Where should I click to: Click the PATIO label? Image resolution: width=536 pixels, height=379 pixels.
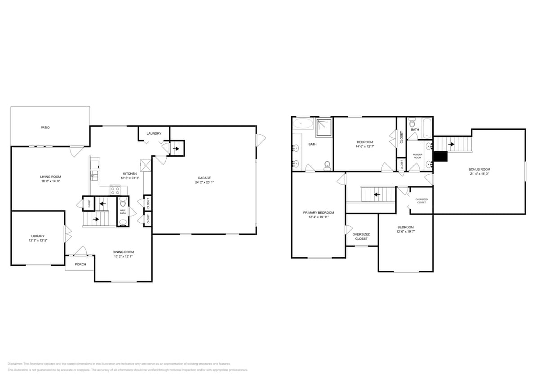pos(45,128)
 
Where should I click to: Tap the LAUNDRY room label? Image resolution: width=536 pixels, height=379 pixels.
pos(154,133)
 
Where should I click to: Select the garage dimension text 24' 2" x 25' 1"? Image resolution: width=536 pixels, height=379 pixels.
pos(204,183)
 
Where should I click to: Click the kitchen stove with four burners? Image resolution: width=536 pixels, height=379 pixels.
pos(115,190)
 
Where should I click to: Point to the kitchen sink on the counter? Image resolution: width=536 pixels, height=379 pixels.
pos(95,175)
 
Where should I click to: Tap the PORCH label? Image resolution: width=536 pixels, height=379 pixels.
pos(80,264)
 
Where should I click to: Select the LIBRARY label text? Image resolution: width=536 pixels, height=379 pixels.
pos(38,236)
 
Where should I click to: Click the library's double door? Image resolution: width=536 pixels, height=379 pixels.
pos(67,232)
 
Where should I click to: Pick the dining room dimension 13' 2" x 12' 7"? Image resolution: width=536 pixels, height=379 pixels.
pos(123,256)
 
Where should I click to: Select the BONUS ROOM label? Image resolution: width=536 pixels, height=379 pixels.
pos(479,169)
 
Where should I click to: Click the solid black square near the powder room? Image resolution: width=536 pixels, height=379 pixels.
pos(442,156)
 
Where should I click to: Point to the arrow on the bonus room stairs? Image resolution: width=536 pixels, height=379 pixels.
pos(451,144)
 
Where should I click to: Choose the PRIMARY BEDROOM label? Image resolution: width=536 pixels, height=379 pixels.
pos(318,212)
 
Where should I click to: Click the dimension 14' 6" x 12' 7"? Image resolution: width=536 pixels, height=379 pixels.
pos(364,146)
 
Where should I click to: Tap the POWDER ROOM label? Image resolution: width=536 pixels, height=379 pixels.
pos(417,156)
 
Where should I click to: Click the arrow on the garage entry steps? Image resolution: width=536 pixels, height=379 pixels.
pos(176,148)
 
